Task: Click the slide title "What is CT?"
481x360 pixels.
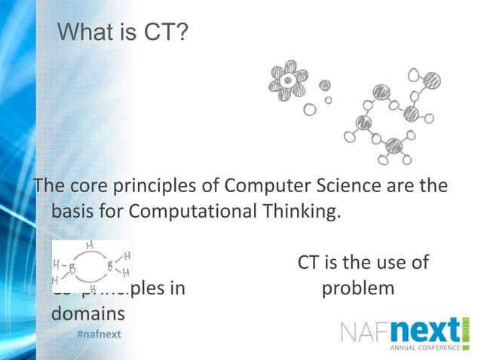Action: coord(123,32)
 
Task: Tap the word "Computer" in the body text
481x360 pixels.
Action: coord(259,185)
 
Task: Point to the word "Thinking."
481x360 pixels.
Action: coord(300,211)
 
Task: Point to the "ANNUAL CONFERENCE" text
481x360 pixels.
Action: coord(424,349)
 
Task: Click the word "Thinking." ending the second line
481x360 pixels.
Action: coord(300,211)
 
